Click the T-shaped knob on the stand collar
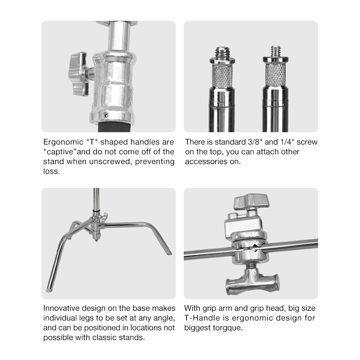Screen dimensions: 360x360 [x=78, y=73]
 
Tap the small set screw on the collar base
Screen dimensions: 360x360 [x=105, y=114]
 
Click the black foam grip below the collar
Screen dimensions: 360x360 [x=115, y=127]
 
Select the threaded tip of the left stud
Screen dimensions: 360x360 [x=222, y=53]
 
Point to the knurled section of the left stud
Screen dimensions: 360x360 [x=222, y=76]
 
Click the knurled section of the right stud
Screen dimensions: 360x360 [x=275, y=74]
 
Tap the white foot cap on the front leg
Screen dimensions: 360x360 [x=49, y=290]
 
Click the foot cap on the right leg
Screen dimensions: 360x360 [x=170, y=253]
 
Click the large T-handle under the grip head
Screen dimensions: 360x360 [x=252, y=283]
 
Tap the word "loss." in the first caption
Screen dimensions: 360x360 [x=51, y=171]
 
